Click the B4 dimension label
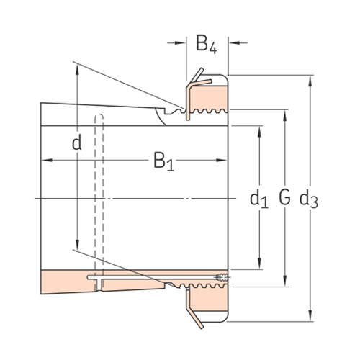pos(206,45)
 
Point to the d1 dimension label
pos(258,198)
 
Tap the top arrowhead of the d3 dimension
pos(310,77)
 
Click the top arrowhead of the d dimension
pos(76,67)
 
